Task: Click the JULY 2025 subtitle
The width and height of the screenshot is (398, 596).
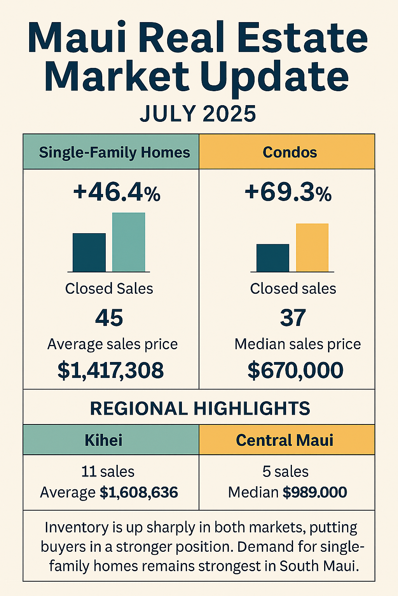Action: pyautogui.click(x=198, y=114)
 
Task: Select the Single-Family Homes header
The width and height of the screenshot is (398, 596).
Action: pyautogui.click(x=114, y=152)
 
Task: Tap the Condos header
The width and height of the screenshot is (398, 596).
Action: pyautogui.click(x=290, y=152)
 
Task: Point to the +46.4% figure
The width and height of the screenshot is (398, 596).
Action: pyautogui.click(x=117, y=192)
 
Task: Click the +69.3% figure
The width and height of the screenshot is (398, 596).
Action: pyautogui.click(x=288, y=192)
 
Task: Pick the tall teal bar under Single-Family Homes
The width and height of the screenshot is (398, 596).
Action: pyautogui.click(x=129, y=242)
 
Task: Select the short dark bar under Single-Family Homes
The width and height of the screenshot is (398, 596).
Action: pyautogui.click(x=89, y=252)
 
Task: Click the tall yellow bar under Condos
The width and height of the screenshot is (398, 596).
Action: pyautogui.click(x=312, y=248)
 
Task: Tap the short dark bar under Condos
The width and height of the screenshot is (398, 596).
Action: pyautogui.click(x=272, y=258)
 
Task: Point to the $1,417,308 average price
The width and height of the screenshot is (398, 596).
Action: pyautogui.click(x=111, y=370)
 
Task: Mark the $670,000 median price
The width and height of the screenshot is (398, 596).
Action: pyautogui.click(x=295, y=370)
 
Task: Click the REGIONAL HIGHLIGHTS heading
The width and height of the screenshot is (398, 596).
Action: pyautogui.click(x=200, y=409)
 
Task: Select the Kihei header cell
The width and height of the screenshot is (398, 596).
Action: pyautogui.click(x=103, y=440)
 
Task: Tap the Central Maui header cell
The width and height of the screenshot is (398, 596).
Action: pyautogui.click(x=285, y=440)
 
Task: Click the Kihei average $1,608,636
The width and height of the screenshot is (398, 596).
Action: pyautogui.click(x=139, y=492)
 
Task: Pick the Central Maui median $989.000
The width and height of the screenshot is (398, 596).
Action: pyautogui.click(x=314, y=492)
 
